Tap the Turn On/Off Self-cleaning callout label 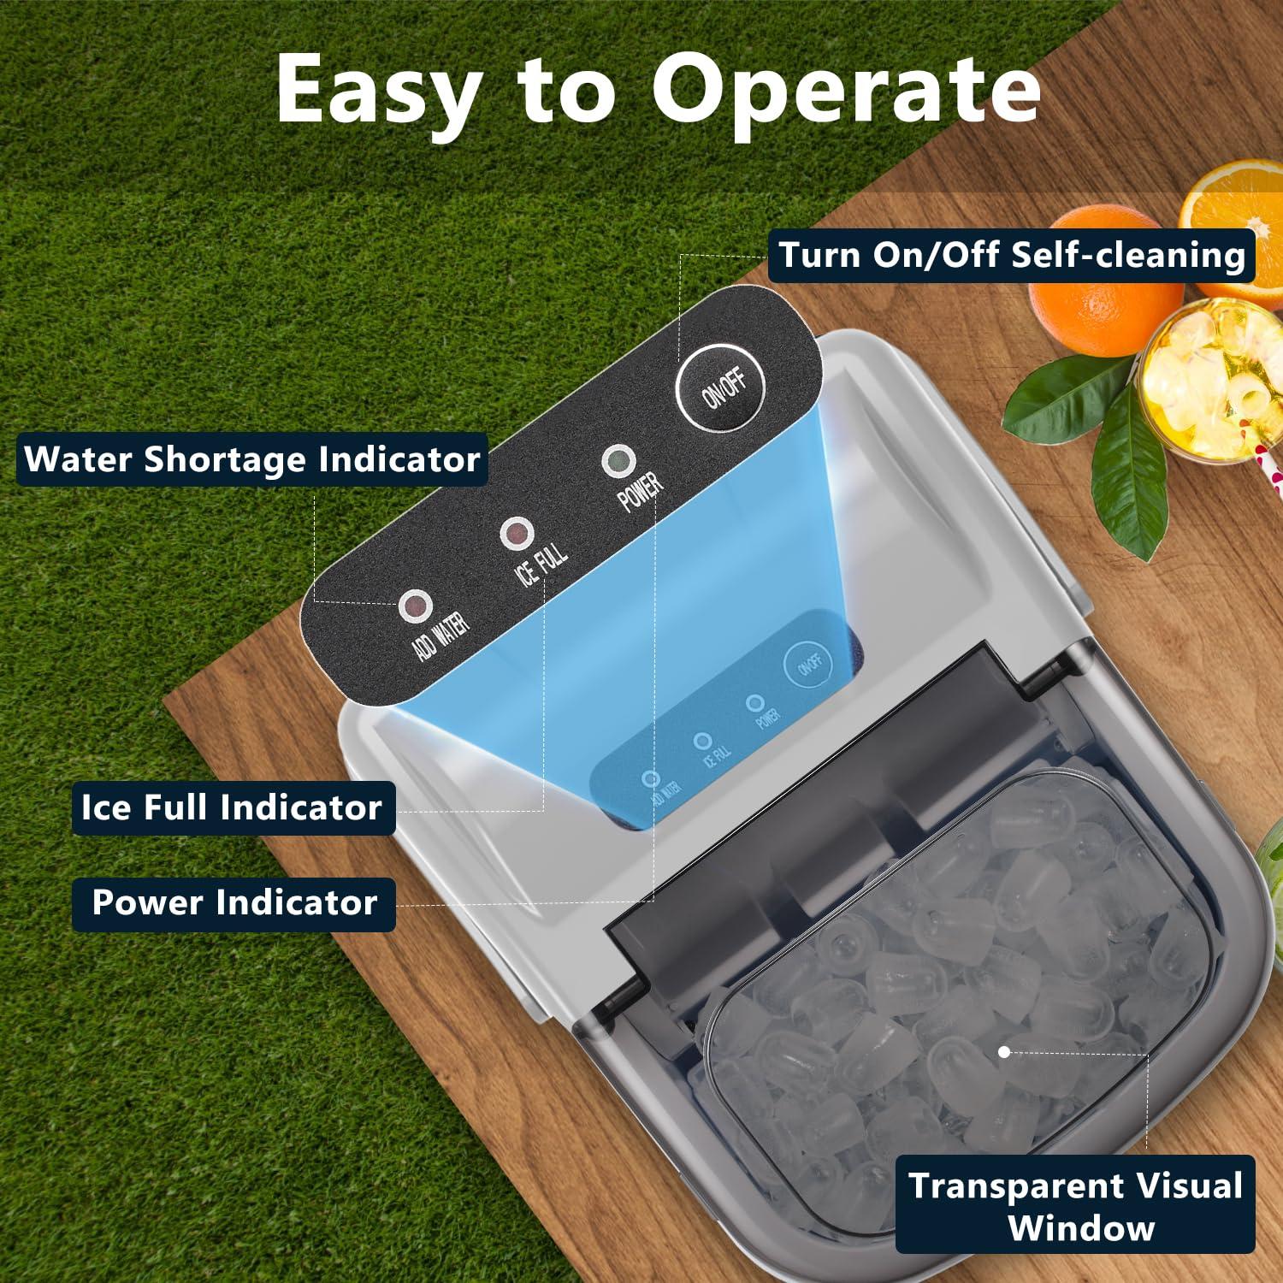point(1011,256)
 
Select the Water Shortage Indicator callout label point(252,459)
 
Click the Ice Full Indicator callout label point(233,807)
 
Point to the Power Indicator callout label point(234,903)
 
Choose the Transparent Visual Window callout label point(1075,1204)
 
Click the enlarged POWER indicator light point(618,461)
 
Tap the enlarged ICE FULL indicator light point(516,535)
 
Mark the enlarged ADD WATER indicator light point(415,606)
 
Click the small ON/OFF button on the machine point(808,665)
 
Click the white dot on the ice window point(1004,1052)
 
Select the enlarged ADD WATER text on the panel point(440,637)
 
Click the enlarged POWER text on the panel point(641,491)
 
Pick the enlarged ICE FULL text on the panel point(541,564)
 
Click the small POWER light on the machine point(754,703)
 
